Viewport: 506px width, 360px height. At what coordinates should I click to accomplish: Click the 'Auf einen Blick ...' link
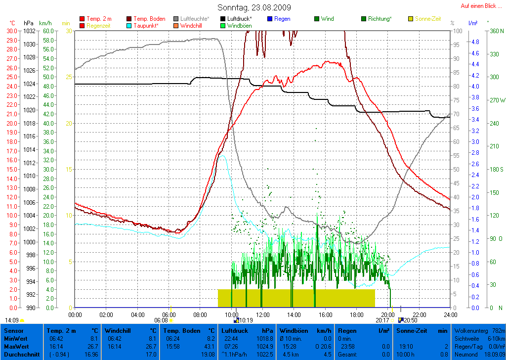pyautogui.click(x=479, y=6)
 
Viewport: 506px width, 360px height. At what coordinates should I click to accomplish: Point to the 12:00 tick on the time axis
pyautogui.click(x=263, y=315)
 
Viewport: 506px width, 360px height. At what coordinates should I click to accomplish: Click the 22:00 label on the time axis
pyautogui.click(x=419, y=315)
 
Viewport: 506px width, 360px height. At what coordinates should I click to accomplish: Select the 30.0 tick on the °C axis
pyautogui.click(x=12, y=31)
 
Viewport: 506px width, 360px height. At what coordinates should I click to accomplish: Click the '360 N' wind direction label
pyautogui.click(x=496, y=31)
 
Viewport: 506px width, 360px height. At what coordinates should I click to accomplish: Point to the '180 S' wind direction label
pyautogui.click(x=496, y=169)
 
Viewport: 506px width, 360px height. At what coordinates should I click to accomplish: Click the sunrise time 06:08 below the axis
pyautogui.click(x=161, y=320)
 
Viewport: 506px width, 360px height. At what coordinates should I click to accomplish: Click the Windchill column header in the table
pyautogui.click(x=117, y=330)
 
